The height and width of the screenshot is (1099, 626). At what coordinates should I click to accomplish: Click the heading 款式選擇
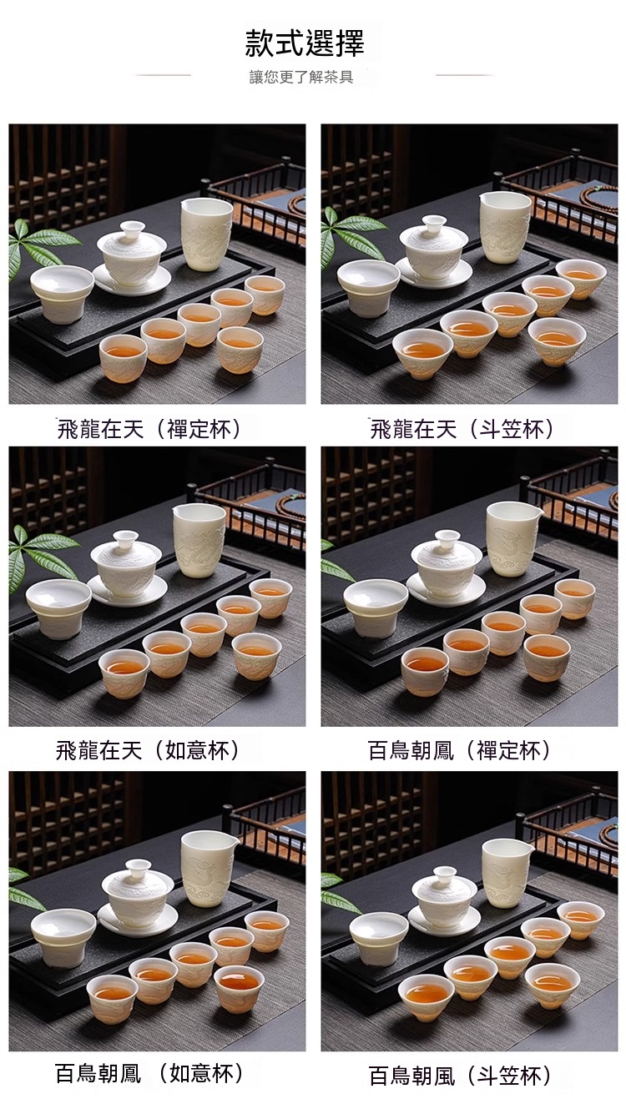click(x=305, y=43)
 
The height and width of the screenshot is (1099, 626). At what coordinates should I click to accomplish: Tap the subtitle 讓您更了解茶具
click(x=301, y=77)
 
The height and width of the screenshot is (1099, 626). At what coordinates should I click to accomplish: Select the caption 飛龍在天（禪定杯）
click(x=149, y=429)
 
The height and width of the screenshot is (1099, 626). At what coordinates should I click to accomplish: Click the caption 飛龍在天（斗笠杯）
click(x=462, y=429)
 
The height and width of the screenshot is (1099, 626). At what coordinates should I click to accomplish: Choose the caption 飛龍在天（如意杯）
click(x=149, y=751)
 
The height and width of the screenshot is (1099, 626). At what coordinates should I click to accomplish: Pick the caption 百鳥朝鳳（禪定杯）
click(x=460, y=751)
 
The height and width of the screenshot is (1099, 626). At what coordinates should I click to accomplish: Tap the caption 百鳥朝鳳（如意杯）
click(x=149, y=1073)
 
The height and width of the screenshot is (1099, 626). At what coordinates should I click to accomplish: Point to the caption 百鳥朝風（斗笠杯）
click(x=460, y=1076)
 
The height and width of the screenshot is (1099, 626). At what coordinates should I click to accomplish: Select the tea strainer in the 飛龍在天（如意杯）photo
click(x=58, y=607)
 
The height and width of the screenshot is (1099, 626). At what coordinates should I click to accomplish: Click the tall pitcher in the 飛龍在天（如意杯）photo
click(x=199, y=540)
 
